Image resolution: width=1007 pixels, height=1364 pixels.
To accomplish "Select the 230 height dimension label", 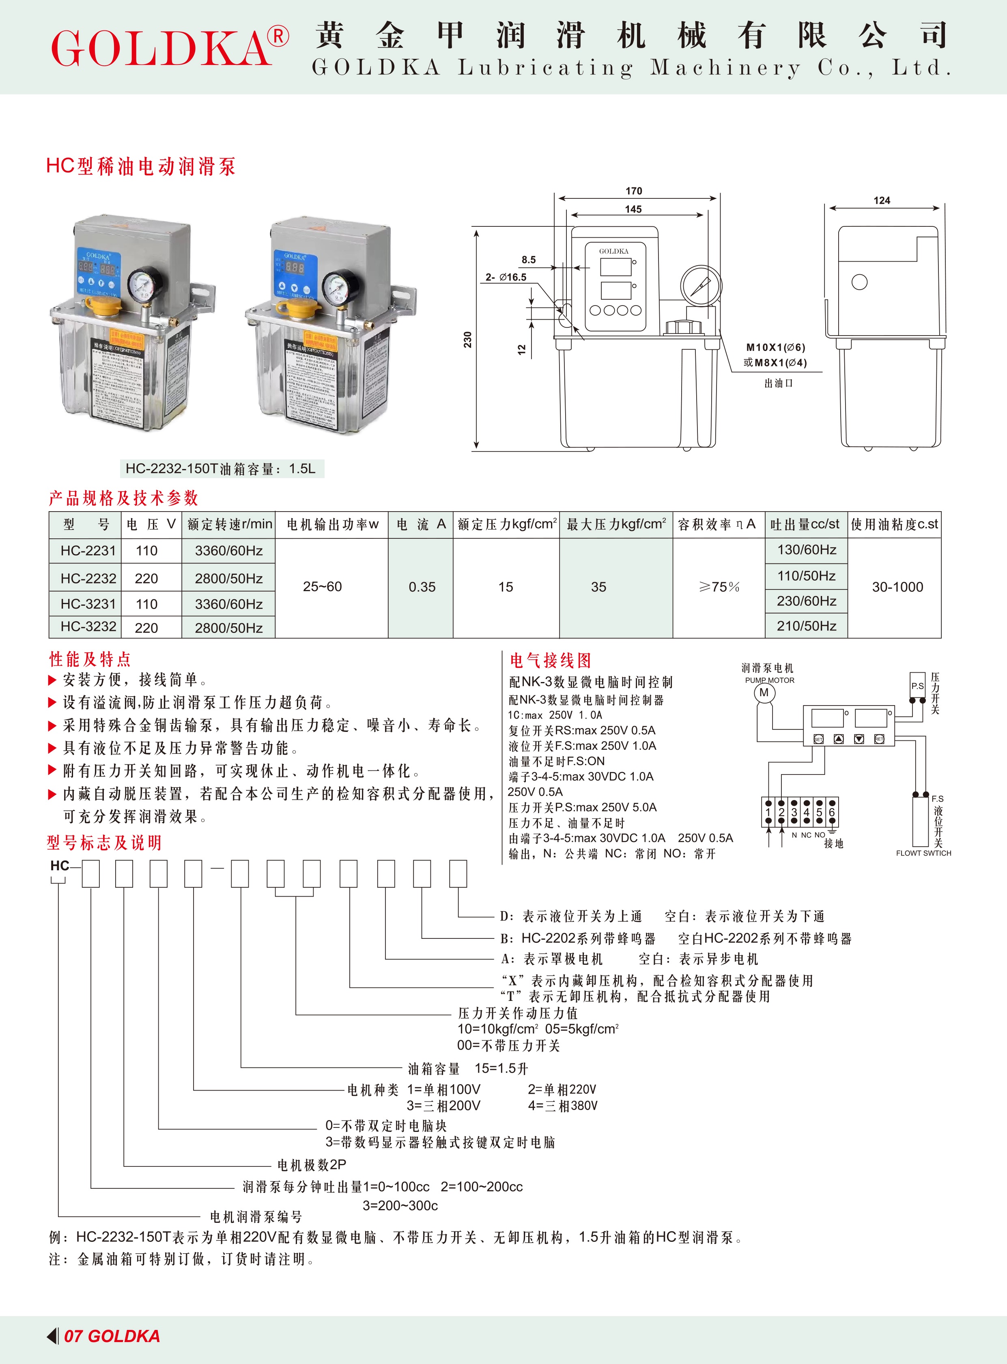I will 467,340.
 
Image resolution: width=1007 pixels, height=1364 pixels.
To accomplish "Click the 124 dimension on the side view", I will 882,200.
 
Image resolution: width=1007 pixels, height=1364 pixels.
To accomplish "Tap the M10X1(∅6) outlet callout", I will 775,347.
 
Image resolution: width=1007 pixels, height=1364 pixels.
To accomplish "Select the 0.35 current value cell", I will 422,587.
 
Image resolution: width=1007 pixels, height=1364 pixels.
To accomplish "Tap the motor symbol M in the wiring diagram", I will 764,693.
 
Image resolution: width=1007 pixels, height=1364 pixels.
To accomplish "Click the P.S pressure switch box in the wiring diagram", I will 917,686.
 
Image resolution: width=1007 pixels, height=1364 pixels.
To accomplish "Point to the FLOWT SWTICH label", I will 923,853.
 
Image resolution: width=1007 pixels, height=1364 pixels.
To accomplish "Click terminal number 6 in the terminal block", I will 831,812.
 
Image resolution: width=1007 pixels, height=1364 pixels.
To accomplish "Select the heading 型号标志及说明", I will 104,843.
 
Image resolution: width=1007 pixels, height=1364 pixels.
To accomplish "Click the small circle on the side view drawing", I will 859,282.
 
